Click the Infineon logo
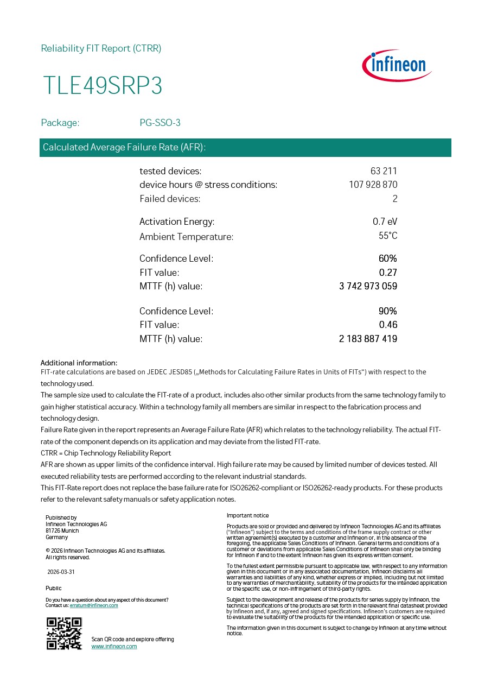point(397,66)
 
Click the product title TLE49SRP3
point(103,86)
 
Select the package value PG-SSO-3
point(160,123)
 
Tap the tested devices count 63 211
point(384,171)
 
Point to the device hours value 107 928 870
point(373,185)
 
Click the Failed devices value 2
point(395,199)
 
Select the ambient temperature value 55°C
point(388,236)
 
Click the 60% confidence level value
point(388,258)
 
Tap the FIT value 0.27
point(388,273)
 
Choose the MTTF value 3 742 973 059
point(368,286)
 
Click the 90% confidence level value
point(388,311)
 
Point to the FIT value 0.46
point(388,325)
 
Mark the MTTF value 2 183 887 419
point(368,339)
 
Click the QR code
point(64,634)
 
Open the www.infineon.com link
point(114,646)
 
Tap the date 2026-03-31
point(61,572)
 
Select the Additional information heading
point(79,363)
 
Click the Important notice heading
point(247,515)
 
